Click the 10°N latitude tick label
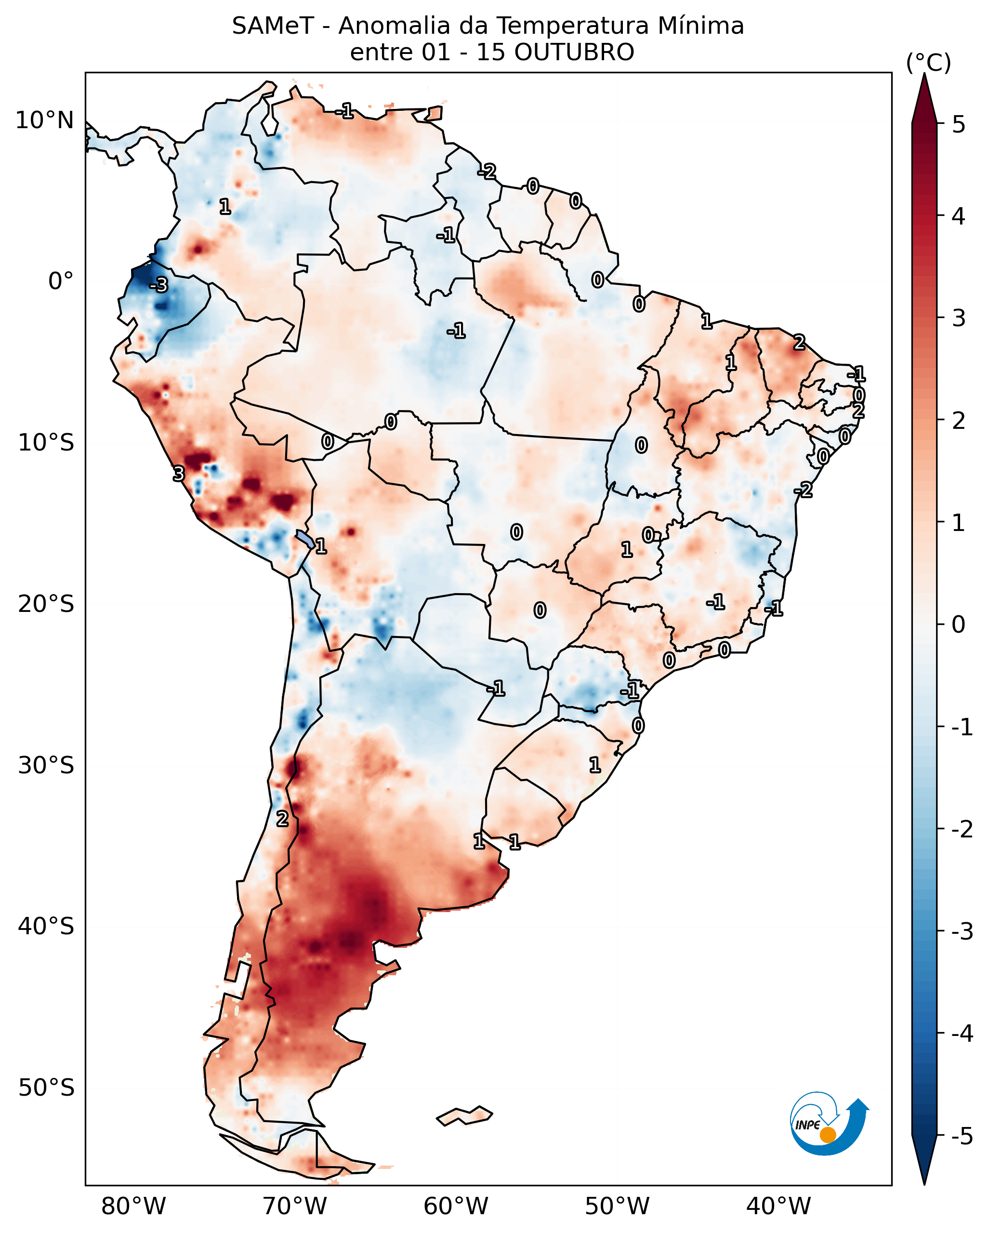pos(45,120)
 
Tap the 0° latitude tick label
pos(61,281)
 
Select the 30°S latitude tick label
pos(46,765)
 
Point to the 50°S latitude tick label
pos(46,1088)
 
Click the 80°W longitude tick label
pos(133,1206)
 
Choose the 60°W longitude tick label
pos(456,1206)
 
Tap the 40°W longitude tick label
pos(778,1206)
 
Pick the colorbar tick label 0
pos(959,624)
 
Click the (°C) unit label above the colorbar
pos(928,63)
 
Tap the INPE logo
pos(829,1124)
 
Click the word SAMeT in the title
pos(273,27)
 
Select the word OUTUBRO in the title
pos(574,53)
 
